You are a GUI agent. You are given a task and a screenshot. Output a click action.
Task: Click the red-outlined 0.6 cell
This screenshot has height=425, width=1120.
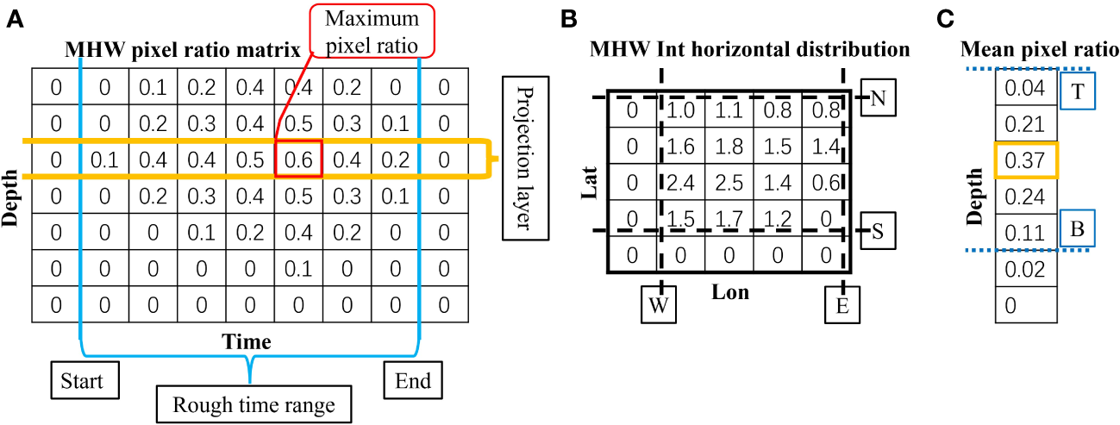click(298, 159)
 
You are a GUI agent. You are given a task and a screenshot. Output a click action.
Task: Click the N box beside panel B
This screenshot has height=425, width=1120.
click(879, 98)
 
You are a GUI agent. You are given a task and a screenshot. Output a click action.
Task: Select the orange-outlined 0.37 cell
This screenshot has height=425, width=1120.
click(1025, 159)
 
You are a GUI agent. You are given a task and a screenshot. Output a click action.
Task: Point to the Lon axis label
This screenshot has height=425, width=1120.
click(730, 292)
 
